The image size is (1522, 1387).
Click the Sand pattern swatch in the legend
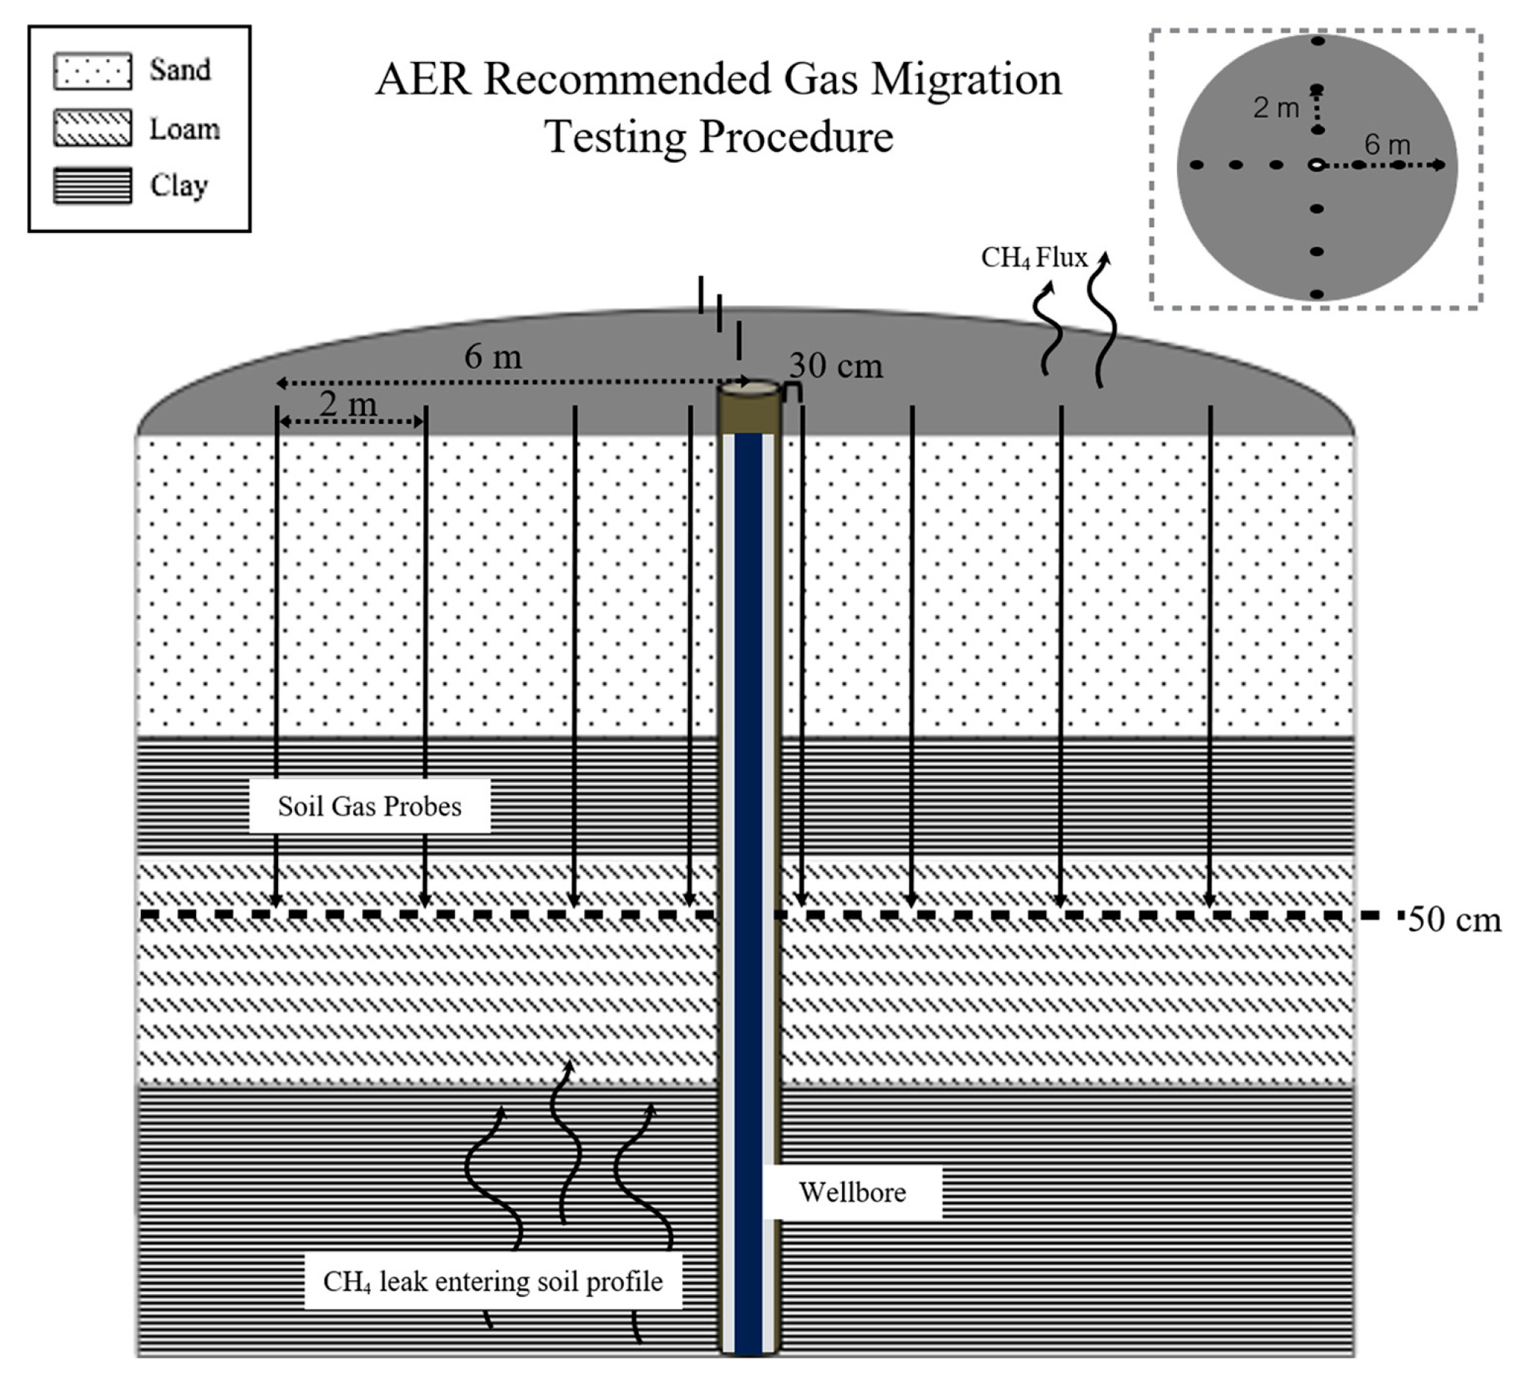pos(92,71)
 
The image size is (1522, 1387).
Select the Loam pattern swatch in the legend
pos(92,128)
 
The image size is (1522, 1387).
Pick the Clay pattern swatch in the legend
pos(92,186)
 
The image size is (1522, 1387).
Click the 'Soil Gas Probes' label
pos(369,807)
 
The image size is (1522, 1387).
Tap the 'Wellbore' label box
pos(852,1192)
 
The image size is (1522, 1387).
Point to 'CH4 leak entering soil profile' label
pos(493,1282)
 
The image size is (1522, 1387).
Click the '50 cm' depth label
pos(1454,920)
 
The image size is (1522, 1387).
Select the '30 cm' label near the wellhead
pos(835,366)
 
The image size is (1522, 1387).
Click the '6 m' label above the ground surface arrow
pos(493,356)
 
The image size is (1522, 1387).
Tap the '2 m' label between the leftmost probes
pos(348,404)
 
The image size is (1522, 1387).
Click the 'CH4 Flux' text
pos(1034,258)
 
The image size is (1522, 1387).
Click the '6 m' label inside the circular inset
pos(1387,145)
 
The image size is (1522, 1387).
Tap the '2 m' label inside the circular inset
pos(1276,108)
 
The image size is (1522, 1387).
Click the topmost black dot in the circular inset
pos(1318,41)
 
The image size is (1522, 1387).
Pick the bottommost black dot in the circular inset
pos(1317,293)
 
